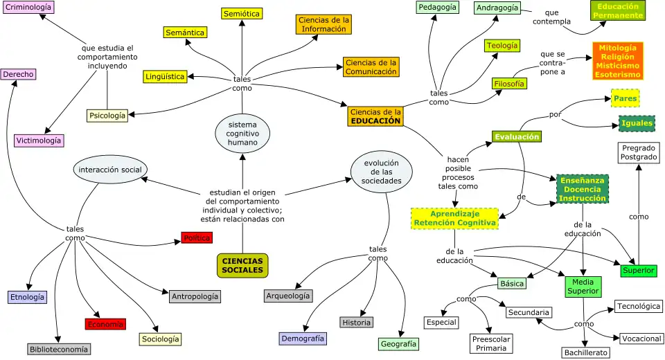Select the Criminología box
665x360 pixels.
click(x=28, y=7)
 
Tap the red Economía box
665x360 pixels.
click(x=105, y=324)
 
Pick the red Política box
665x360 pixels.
click(x=197, y=238)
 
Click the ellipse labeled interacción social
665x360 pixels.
click(x=110, y=170)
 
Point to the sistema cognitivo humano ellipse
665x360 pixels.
click(x=242, y=134)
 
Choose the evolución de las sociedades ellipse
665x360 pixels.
click(x=382, y=172)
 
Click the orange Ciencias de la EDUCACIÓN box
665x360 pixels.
click(x=375, y=116)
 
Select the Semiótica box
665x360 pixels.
click(x=242, y=14)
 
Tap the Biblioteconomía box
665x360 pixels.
click(x=59, y=350)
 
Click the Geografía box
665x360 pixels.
click(x=399, y=344)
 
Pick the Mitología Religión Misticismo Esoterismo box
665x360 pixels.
click(x=618, y=61)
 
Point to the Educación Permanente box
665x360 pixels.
click(x=617, y=10)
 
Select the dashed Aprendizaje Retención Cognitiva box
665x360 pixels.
click(x=454, y=218)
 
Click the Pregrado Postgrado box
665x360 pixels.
click(x=639, y=153)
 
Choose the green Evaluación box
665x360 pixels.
click(x=517, y=137)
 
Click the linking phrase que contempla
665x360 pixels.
click(x=551, y=17)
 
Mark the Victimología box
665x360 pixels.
click(x=39, y=141)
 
